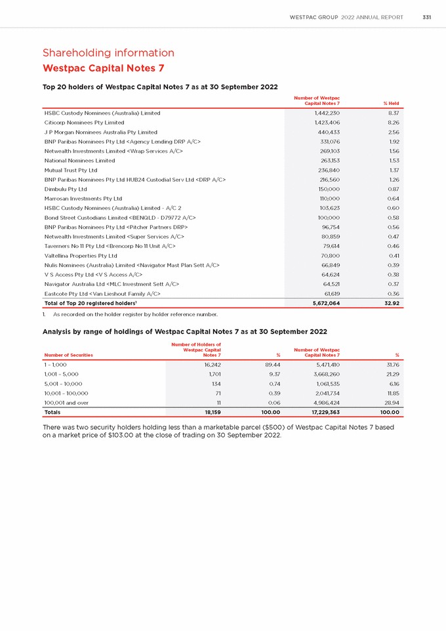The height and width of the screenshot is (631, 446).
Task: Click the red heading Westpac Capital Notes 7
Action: (103, 68)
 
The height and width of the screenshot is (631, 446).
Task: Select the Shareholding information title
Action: (109, 52)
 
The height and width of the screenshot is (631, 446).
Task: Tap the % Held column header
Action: (391, 104)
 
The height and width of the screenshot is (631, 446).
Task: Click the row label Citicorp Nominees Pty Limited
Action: (84, 123)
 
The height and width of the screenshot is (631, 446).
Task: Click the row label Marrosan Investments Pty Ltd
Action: (83, 198)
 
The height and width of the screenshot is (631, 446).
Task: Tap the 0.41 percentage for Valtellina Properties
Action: (394, 255)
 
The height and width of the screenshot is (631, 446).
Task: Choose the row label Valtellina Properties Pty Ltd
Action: (81, 255)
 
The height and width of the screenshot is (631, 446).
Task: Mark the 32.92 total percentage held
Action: (391, 303)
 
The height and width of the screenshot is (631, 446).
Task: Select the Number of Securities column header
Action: (68, 355)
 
